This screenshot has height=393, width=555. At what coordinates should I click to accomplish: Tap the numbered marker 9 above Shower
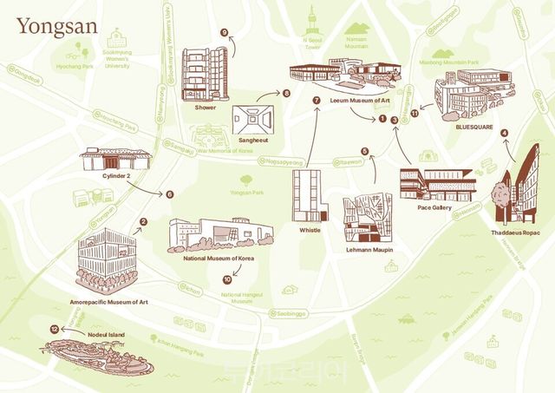225,33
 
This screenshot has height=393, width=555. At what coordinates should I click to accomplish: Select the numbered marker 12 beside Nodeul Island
55,330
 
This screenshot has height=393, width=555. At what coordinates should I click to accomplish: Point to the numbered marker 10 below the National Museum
227,279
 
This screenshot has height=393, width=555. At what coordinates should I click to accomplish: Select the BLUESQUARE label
473,127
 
